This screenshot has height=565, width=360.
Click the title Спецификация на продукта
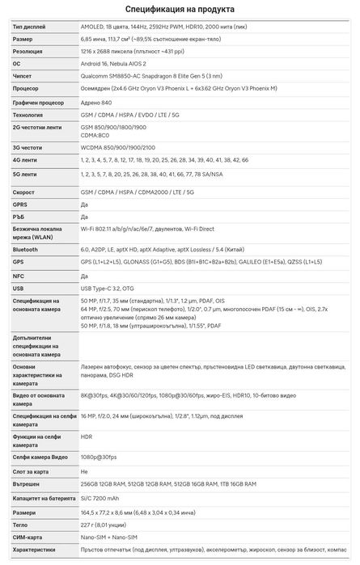click(180, 9)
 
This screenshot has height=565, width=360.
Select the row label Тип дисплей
click(29, 27)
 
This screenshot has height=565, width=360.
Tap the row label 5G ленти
click(25, 174)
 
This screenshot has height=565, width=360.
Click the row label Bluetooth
click(25, 250)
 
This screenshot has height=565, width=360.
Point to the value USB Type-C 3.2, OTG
click(113, 287)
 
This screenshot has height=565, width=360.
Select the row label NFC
click(19, 275)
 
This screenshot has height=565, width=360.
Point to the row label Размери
click(25, 512)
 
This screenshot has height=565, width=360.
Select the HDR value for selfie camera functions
click(87, 437)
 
